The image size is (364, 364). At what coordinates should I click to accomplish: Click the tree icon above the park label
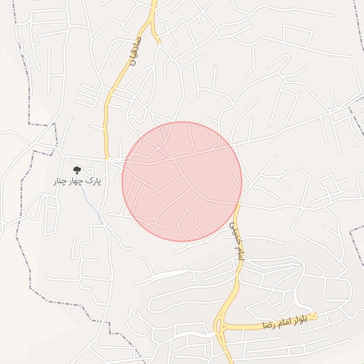point(77,170)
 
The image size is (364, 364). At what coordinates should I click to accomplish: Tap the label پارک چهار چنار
point(77,181)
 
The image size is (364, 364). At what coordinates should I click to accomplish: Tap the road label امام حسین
point(236,244)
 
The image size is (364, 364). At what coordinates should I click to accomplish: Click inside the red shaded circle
point(182,181)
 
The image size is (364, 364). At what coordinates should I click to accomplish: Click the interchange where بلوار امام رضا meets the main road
point(222,328)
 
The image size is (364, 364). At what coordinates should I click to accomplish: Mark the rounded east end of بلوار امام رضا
point(315,316)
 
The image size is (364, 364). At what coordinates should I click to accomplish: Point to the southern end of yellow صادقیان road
point(106,156)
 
